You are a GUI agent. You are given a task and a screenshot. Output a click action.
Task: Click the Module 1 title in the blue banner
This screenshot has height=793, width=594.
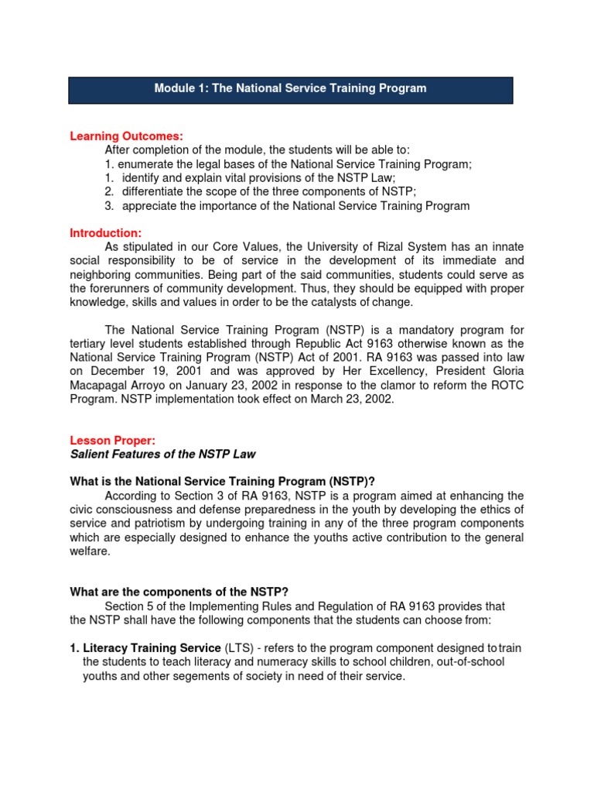coord(290,88)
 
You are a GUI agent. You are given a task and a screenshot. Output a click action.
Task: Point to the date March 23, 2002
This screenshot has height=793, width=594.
coord(338,400)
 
